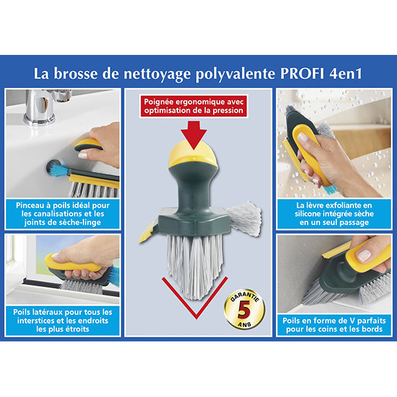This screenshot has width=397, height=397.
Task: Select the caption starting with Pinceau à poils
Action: tap(63, 213)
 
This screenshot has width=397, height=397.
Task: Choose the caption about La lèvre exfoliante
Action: tap(333, 214)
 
